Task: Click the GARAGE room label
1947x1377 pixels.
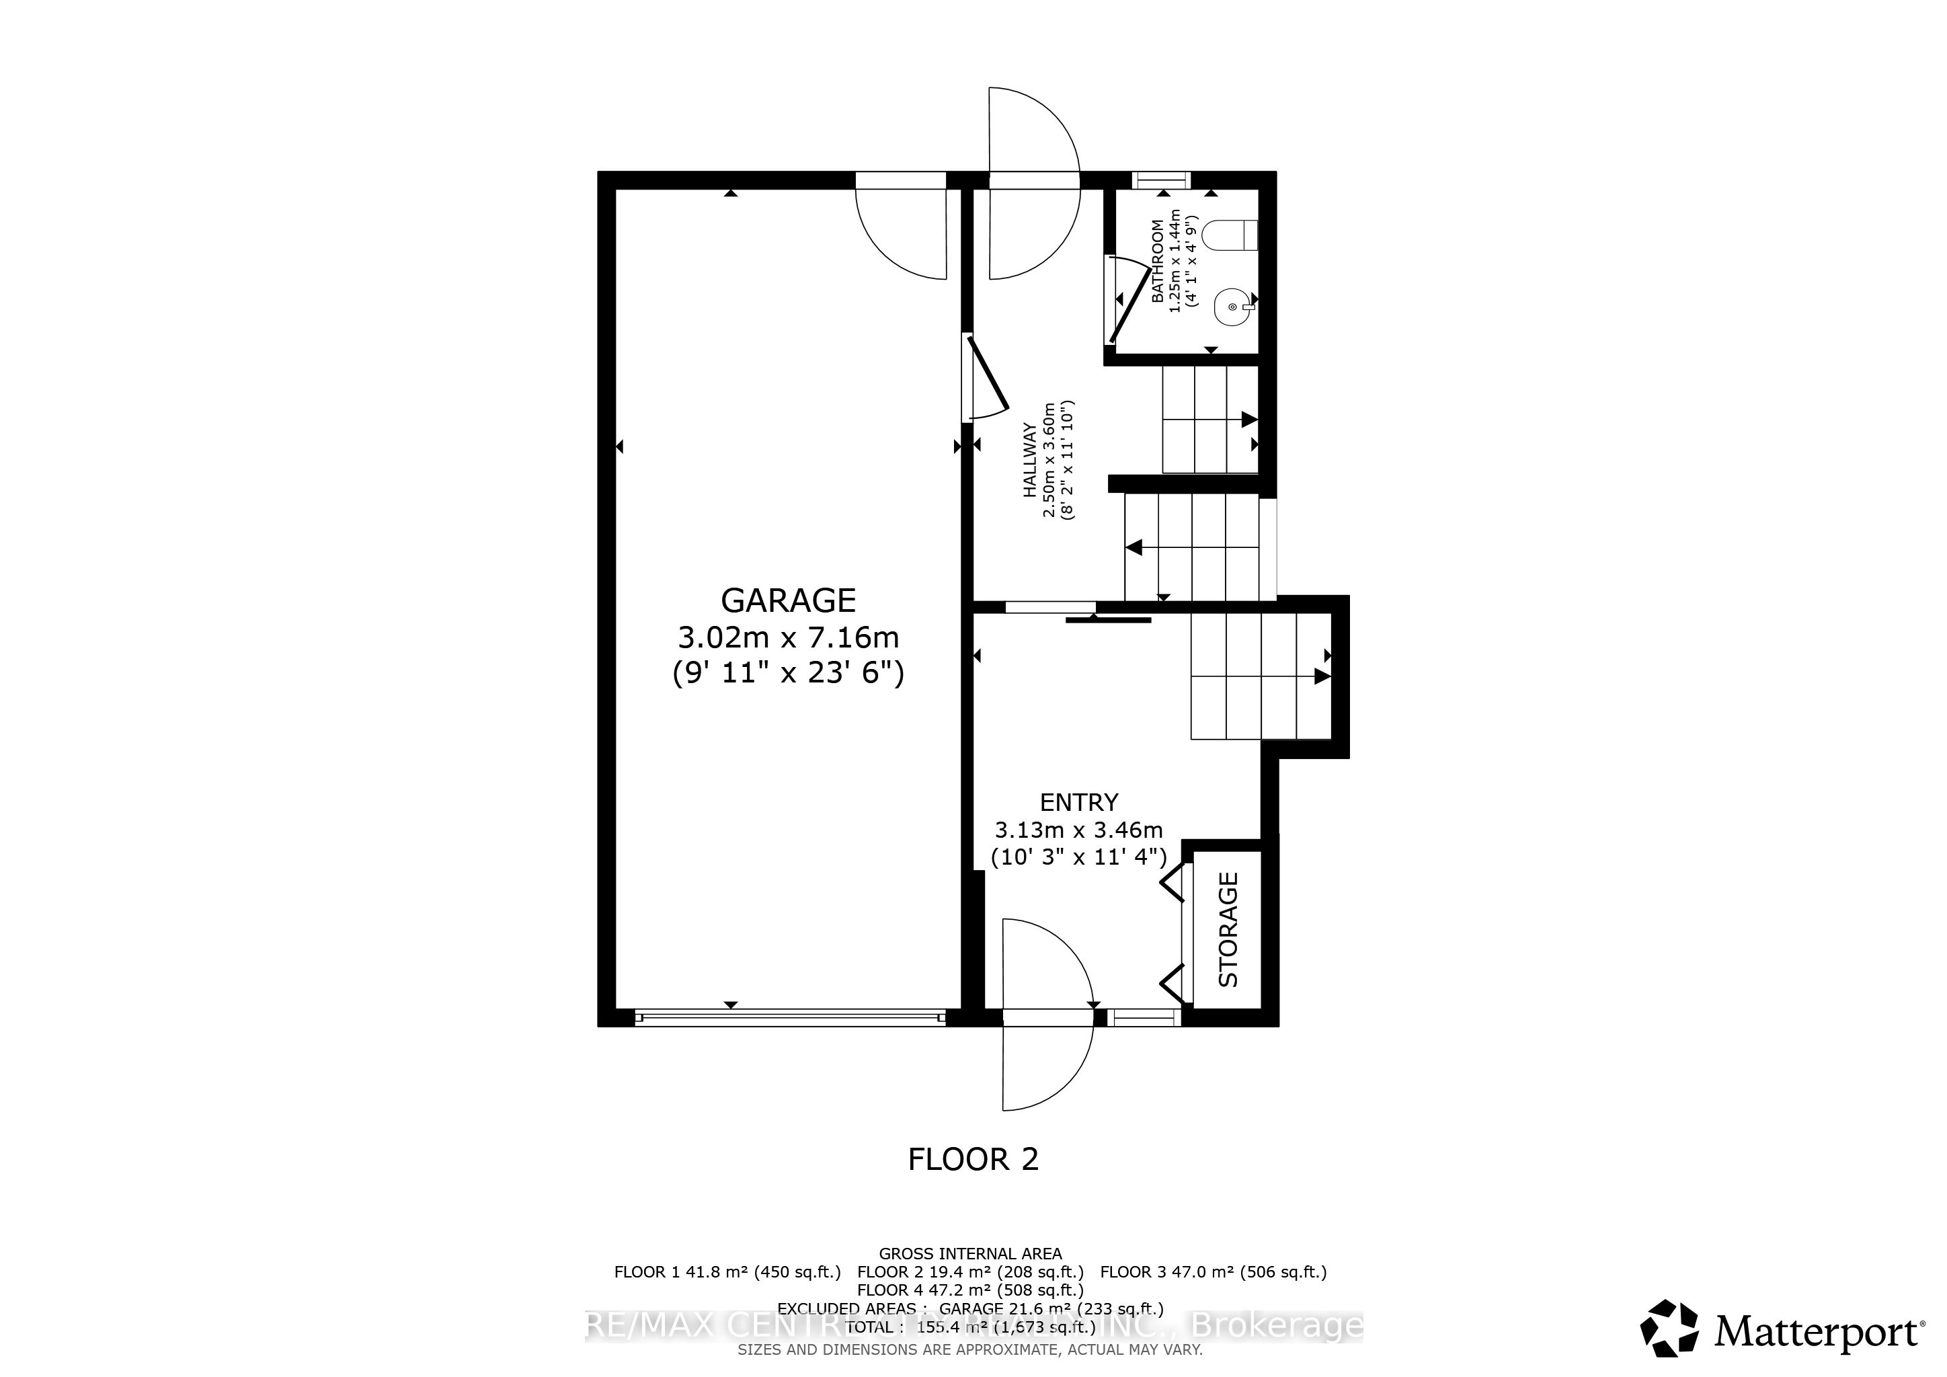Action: click(788, 600)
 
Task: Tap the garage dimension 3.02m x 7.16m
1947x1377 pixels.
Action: click(788, 637)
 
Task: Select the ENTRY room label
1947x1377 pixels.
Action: click(1078, 802)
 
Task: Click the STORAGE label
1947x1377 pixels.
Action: click(1228, 929)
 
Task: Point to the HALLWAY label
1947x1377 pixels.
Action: click(1029, 460)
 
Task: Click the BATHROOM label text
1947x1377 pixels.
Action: click(1158, 261)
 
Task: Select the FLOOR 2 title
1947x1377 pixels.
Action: click(973, 1159)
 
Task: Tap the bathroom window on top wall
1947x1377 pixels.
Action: click(1161, 179)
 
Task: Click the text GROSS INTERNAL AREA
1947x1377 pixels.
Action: click(969, 1253)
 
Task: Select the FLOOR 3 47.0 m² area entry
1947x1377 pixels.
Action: click(1213, 1272)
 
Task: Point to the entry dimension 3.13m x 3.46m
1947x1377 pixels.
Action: click(1078, 830)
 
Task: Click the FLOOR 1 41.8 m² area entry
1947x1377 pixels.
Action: click(727, 1272)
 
